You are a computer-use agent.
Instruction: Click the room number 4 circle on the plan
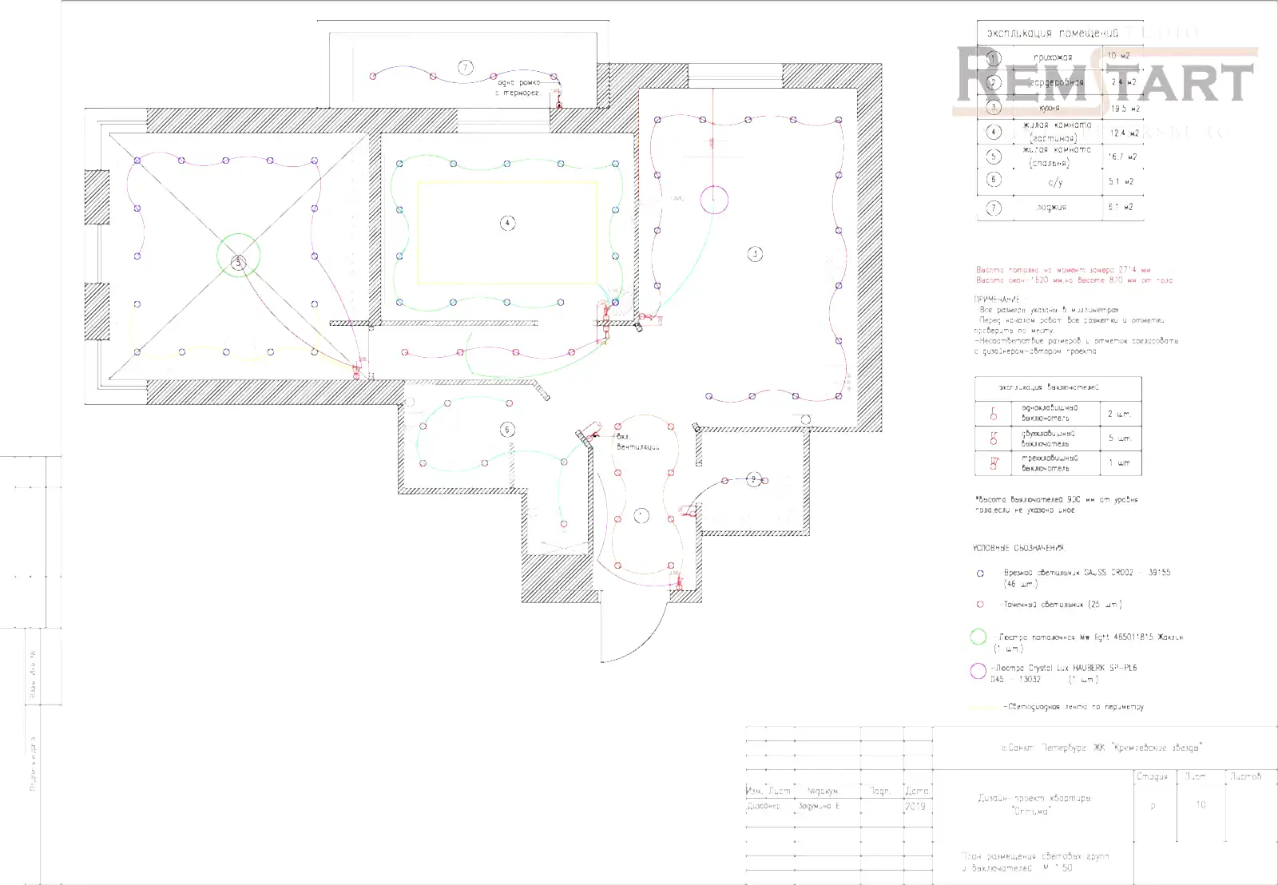[507, 223]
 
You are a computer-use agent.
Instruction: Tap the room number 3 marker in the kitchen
[755, 254]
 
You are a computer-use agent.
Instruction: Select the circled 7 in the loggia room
[466, 68]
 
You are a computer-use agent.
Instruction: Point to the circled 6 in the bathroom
[507, 430]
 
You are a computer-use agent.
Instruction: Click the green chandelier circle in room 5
[238, 255]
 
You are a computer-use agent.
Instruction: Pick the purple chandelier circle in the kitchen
[714, 200]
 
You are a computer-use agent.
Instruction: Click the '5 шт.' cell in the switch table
[1119, 439]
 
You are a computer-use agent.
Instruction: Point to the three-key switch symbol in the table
[994, 462]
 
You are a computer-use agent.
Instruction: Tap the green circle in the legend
[978, 637]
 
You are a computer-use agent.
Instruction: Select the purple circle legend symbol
[978, 671]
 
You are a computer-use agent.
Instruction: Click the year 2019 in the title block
[915, 807]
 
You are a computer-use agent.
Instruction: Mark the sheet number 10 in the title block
[1201, 805]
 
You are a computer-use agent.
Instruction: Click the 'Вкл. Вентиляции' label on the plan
[637, 442]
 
